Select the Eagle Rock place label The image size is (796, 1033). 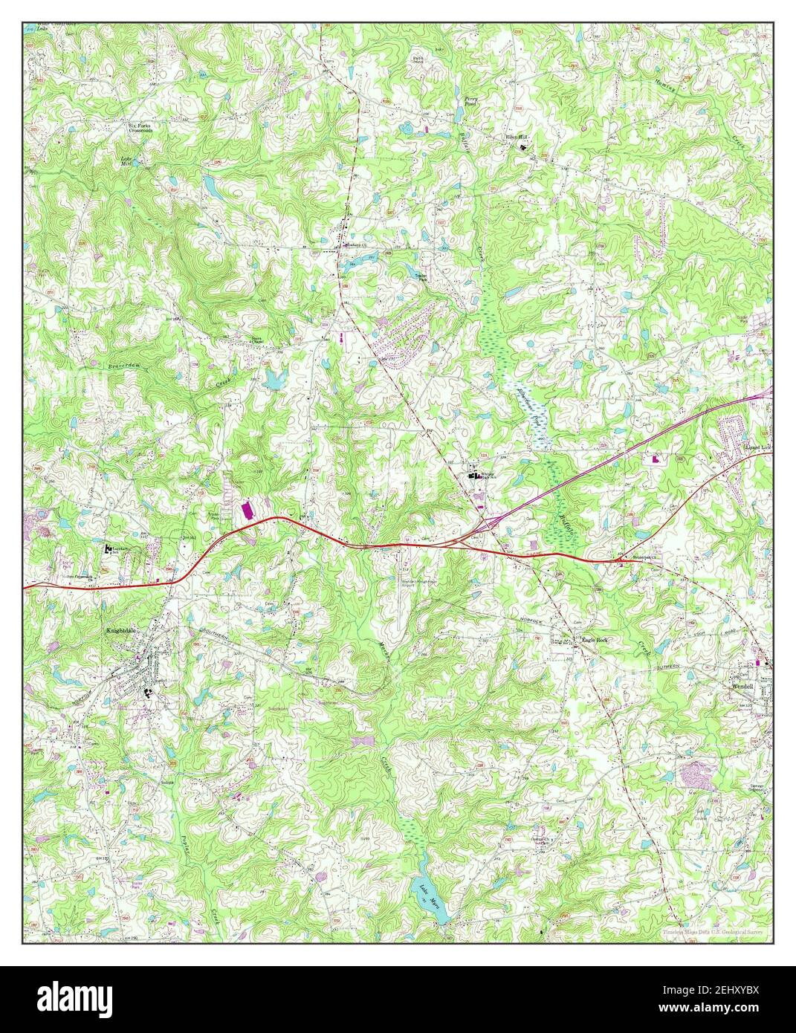coord(596,639)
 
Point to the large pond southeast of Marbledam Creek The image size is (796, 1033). coord(274,380)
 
